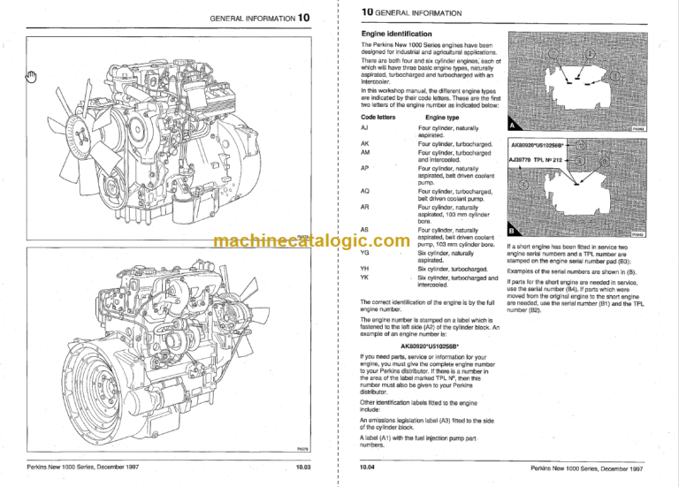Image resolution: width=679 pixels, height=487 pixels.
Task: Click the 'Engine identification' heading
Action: pyautogui.click(x=399, y=34)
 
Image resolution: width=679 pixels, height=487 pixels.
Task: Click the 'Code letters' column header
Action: pyautogui.click(x=378, y=117)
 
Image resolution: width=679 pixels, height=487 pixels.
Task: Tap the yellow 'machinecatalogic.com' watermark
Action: pyautogui.click(x=306, y=240)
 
